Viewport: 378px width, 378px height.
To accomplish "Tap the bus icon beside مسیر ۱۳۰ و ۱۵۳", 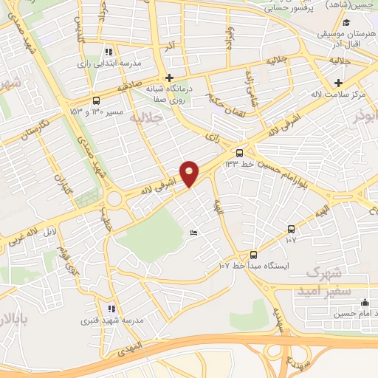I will (x=96, y=101).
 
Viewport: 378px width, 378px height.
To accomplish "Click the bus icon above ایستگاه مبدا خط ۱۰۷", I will (x=254, y=254).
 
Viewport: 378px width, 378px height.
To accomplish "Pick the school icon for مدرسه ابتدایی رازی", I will (x=109, y=52).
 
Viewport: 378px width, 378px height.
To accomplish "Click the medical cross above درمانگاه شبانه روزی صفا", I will (x=169, y=78).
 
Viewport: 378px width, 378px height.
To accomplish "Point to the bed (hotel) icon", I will (x=194, y=233).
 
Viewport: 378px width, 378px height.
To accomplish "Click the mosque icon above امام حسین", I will (x=363, y=303).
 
